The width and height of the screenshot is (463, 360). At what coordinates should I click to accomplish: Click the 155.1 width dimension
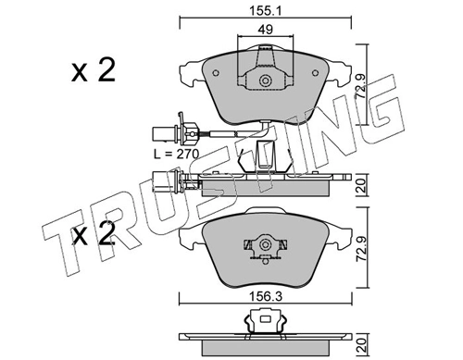tap(266, 11)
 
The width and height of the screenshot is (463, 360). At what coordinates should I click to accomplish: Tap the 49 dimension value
tap(265, 30)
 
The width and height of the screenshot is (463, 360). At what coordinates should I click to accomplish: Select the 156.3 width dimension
tap(266, 296)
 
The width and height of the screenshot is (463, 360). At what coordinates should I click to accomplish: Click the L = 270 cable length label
tap(177, 154)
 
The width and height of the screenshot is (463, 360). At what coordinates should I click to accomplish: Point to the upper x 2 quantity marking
tap(94, 70)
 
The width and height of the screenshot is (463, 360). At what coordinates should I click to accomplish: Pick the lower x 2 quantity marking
tap(94, 233)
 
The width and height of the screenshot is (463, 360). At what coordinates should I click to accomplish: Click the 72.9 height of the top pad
tap(362, 85)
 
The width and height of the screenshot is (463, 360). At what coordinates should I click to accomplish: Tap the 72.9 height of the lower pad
tap(362, 247)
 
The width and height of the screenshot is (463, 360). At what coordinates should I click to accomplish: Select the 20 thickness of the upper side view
tap(362, 185)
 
